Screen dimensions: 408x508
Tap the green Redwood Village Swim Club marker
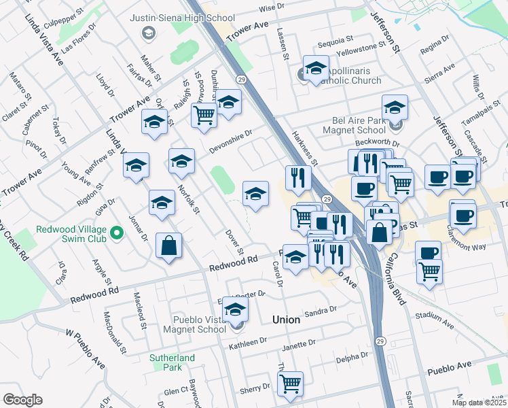tap(117, 234)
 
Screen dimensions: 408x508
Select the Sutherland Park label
tap(173, 362)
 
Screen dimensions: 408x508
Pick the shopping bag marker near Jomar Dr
tap(168, 246)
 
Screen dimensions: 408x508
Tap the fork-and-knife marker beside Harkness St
tap(298, 177)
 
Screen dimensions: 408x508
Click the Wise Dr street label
tap(271, 7)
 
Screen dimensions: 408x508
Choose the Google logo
tap(22, 400)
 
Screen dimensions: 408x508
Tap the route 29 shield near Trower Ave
tap(242, 80)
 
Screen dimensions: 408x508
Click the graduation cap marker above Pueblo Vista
tap(236, 309)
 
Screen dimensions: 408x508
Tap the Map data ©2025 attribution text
tap(479, 403)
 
